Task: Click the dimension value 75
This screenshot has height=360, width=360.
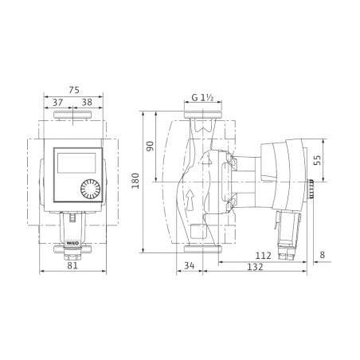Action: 74,90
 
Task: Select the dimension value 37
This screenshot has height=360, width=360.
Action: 57,102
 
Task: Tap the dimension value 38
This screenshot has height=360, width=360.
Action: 87,102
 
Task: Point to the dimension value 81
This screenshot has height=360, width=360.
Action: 72,265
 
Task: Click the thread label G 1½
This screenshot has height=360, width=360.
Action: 203,98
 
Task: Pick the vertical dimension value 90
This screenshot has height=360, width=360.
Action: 151,146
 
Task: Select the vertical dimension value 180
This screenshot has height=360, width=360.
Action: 135,181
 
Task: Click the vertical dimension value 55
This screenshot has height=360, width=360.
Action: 317,160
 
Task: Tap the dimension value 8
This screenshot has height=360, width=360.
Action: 322,255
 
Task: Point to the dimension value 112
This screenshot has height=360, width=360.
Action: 264,256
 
